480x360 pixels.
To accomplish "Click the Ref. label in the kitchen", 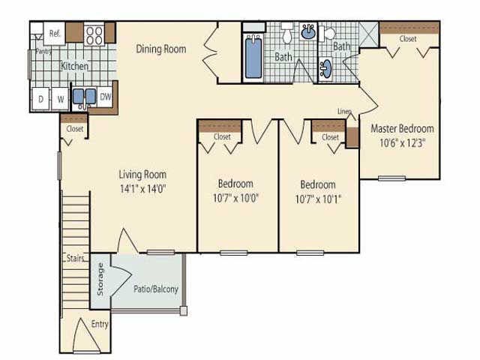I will [x=54, y=33].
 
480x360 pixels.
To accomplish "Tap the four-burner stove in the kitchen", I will [x=94, y=34].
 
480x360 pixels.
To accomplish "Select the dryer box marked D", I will [x=40, y=98].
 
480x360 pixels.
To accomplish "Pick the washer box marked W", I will [x=59, y=98].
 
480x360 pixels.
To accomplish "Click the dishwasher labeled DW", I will [x=106, y=96].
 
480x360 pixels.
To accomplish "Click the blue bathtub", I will [x=253, y=57].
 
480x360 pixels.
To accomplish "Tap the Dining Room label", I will [x=160, y=49].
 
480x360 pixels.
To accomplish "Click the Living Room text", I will [x=142, y=175].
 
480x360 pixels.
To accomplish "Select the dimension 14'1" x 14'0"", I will [x=142, y=189].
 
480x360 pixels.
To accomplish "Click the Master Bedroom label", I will [x=403, y=128].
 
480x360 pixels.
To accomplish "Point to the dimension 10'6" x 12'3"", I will [x=403, y=142].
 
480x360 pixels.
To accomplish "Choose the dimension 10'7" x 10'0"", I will [x=235, y=198].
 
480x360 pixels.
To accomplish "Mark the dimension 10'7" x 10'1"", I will [x=318, y=198].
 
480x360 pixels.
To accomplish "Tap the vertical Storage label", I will [x=101, y=280].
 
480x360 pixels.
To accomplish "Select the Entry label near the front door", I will [x=99, y=324].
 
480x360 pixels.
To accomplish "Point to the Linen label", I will [x=345, y=112].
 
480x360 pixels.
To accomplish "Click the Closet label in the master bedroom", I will [x=408, y=38].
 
